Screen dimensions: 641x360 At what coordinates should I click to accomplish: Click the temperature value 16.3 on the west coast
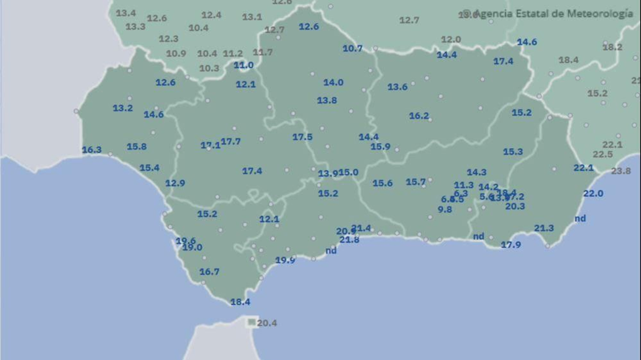pyautogui.click(x=92, y=150)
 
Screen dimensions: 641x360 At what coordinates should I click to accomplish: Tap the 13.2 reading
pyautogui.click(x=123, y=108)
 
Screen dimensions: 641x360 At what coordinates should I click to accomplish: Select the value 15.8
pyautogui.click(x=137, y=147)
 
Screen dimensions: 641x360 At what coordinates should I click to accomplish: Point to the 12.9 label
pyautogui.click(x=175, y=183)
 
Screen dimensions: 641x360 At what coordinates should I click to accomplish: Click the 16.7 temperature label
pyautogui.click(x=209, y=272)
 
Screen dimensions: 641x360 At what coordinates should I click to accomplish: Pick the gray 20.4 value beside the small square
pyautogui.click(x=267, y=323)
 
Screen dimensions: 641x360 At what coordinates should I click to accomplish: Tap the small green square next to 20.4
pyautogui.click(x=252, y=322)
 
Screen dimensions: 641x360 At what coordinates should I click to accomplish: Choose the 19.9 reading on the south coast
pyautogui.click(x=285, y=260)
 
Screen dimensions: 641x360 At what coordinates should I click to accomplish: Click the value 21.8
pyautogui.click(x=349, y=240)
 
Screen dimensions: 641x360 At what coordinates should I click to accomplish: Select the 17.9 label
pyautogui.click(x=511, y=245)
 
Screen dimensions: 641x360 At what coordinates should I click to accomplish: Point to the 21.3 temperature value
pyautogui.click(x=544, y=228)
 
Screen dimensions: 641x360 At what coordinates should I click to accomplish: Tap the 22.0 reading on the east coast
pyautogui.click(x=593, y=194)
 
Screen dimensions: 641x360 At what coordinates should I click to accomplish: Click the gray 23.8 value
pyautogui.click(x=621, y=171)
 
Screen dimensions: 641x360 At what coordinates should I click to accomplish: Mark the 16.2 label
pyautogui.click(x=419, y=116)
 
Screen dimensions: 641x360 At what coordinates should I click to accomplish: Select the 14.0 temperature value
pyautogui.click(x=333, y=83)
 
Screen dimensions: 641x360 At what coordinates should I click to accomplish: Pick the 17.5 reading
pyautogui.click(x=302, y=137)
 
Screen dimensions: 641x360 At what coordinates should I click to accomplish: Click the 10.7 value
pyautogui.click(x=352, y=49)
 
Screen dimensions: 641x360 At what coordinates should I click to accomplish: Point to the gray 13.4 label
pyautogui.click(x=126, y=13)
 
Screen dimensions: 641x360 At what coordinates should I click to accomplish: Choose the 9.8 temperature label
pyautogui.click(x=445, y=210)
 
